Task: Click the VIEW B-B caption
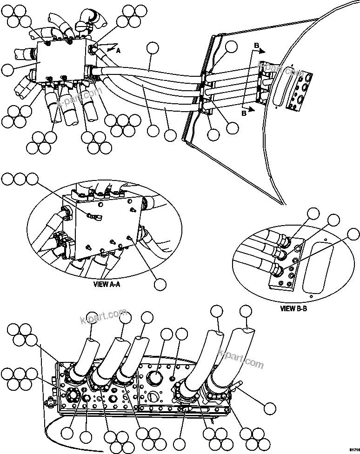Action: [294, 308]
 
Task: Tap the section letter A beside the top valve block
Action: [118, 52]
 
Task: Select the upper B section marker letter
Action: [256, 45]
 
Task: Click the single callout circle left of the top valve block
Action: [8, 70]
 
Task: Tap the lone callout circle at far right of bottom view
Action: [269, 408]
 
